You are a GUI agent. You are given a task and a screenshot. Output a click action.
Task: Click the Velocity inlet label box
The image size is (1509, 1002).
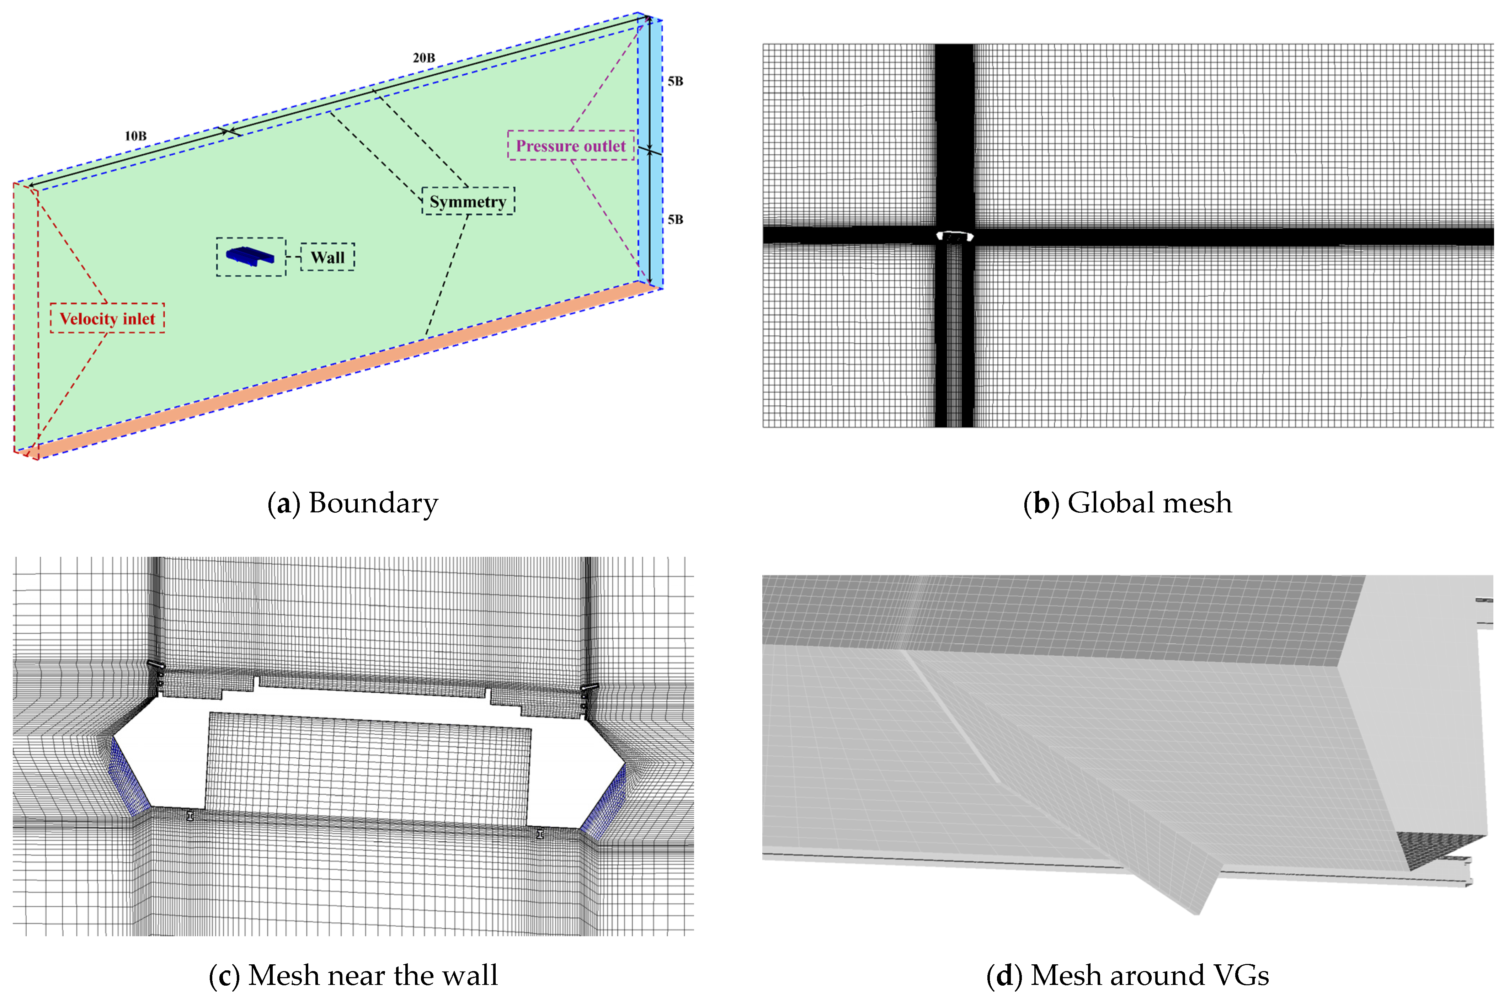pyautogui.click(x=107, y=318)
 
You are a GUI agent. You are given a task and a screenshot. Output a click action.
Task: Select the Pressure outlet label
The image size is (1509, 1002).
pyautogui.click(x=571, y=146)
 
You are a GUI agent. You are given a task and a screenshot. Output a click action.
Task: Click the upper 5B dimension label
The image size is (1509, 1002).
pyautogui.click(x=675, y=81)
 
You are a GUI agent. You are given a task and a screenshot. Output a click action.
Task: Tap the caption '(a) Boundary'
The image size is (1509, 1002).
pyautogui.click(x=353, y=503)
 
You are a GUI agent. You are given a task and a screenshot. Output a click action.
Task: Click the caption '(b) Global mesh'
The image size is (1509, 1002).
pyautogui.click(x=1127, y=503)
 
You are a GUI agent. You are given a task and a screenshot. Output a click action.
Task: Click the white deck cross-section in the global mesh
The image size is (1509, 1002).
pyautogui.click(x=954, y=236)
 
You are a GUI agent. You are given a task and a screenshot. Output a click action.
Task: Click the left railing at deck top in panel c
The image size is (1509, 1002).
pyautogui.click(x=156, y=666)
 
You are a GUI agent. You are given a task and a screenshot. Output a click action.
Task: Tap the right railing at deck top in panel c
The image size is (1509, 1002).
pyautogui.click(x=589, y=688)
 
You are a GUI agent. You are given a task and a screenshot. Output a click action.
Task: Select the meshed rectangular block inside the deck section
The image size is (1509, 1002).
pyautogui.click(x=367, y=770)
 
